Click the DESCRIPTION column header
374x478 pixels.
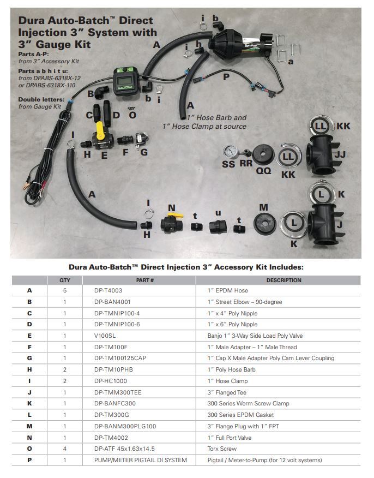[x=283, y=280]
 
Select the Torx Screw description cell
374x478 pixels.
[x=223, y=449]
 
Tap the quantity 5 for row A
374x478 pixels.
[x=65, y=290]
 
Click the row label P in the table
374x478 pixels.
[x=29, y=460]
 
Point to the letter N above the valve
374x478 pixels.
[x=171, y=208]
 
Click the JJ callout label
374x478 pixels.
[x=340, y=155]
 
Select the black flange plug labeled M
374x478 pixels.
[x=264, y=225]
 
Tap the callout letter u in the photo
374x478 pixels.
[x=218, y=212]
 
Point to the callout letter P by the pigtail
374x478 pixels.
[x=226, y=76]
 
